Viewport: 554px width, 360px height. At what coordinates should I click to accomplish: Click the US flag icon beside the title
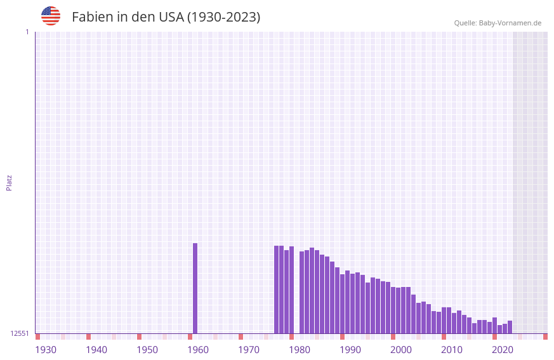(51, 16)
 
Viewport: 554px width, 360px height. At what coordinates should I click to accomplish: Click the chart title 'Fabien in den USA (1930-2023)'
(166, 17)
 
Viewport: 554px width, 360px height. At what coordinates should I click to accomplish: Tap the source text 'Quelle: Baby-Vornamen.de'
(498, 23)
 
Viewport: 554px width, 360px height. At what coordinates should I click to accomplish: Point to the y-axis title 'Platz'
(9, 182)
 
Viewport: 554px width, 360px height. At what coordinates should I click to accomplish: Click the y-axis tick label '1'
(27, 32)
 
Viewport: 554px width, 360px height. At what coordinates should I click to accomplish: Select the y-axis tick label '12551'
(20, 333)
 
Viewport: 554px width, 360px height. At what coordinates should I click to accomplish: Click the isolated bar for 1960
(195, 288)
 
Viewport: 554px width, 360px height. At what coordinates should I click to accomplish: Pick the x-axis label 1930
(46, 349)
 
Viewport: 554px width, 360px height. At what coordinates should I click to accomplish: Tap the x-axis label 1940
(96, 349)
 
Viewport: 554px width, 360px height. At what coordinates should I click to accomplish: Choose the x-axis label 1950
(147, 349)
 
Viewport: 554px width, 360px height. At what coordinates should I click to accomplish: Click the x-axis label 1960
(198, 349)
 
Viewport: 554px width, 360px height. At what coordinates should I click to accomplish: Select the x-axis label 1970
(249, 349)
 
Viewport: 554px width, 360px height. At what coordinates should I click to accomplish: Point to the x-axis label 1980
(300, 349)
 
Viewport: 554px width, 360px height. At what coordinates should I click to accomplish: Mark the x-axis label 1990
(350, 349)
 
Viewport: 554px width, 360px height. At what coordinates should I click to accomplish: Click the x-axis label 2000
(401, 349)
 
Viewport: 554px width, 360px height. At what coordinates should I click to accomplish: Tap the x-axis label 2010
(452, 349)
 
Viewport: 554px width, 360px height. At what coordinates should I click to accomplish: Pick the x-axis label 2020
(503, 349)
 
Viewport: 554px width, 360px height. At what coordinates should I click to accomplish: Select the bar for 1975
(276, 290)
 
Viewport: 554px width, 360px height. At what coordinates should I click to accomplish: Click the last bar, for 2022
(510, 327)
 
